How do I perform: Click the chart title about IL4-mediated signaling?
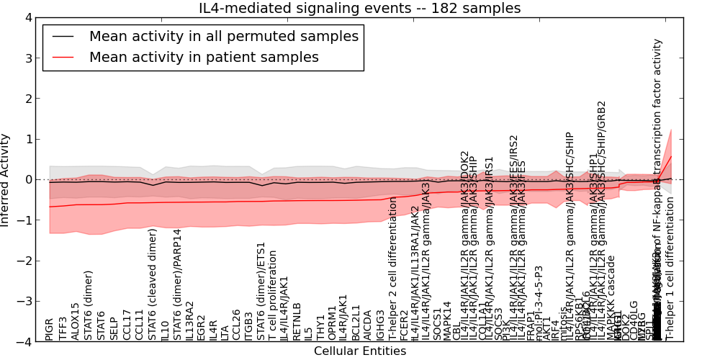pyautogui.click(x=359, y=9)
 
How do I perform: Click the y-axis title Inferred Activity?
pyautogui.click(x=6, y=179)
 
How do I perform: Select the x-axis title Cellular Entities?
pyautogui.click(x=360, y=351)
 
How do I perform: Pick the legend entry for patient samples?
pyautogui.click(x=204, y=57)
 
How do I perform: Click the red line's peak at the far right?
pyautogui.click(x=671, y=156)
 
